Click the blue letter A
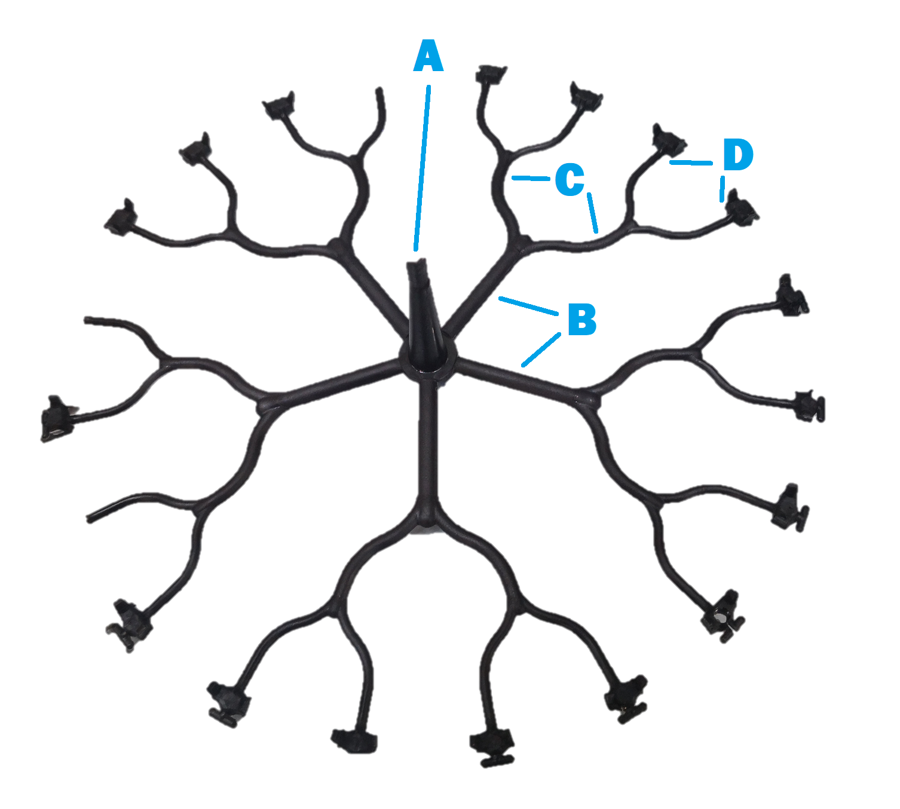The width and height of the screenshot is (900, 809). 428,56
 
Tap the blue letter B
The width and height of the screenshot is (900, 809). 582,319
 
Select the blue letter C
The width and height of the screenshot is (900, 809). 570,179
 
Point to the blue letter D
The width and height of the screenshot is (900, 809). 738,154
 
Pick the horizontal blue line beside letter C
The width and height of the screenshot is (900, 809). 531,178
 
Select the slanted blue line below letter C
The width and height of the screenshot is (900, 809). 593,213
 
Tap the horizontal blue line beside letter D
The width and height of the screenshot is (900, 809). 691,163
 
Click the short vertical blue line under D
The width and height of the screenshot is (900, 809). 722,189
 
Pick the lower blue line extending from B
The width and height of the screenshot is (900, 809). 541,350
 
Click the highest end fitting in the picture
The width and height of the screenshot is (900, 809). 491,75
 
